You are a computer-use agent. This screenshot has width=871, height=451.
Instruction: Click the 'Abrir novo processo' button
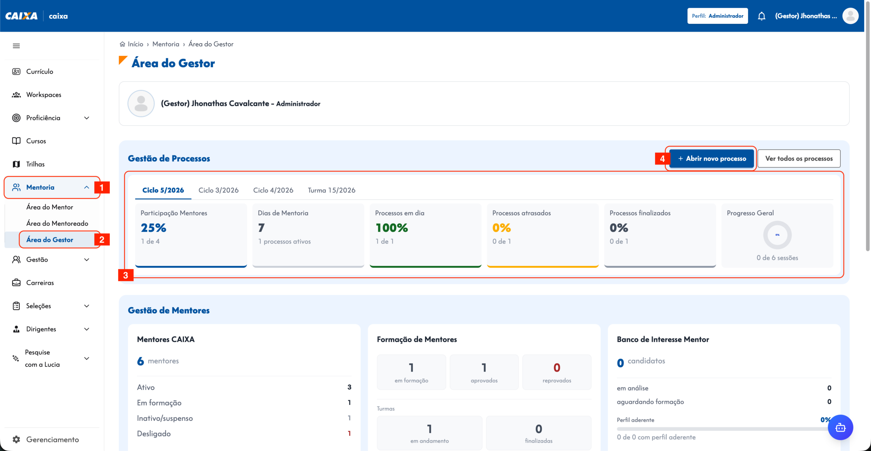point(712,158)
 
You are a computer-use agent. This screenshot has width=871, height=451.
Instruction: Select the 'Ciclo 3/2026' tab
point(218,190)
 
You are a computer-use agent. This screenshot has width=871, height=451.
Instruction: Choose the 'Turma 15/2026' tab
point(331,190)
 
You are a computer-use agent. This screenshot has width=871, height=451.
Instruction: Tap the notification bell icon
point(761,16)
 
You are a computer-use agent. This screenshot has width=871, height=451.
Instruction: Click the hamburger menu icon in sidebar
point(16,46)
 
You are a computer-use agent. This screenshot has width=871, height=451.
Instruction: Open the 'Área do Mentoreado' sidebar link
point(57,223)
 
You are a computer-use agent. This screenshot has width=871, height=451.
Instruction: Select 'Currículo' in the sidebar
point(40,72)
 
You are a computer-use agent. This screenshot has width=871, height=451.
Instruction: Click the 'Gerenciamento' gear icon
point(16,439)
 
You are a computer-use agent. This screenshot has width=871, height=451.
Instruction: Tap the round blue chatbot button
point(840,427)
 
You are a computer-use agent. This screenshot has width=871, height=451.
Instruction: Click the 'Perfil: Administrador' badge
point(718,16)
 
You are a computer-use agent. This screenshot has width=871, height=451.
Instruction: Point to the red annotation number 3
point(126,275)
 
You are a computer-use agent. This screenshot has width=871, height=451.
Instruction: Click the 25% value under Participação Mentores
point(153,228)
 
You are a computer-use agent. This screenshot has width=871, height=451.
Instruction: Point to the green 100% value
point(392,228)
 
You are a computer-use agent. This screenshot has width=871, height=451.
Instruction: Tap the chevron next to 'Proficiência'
point(87,118)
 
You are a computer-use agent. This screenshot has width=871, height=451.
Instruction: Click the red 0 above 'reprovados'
point(557,368)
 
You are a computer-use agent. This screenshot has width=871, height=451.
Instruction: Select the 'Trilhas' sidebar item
point(35,164)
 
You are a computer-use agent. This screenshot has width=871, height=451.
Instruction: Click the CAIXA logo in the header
point(21,16)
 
